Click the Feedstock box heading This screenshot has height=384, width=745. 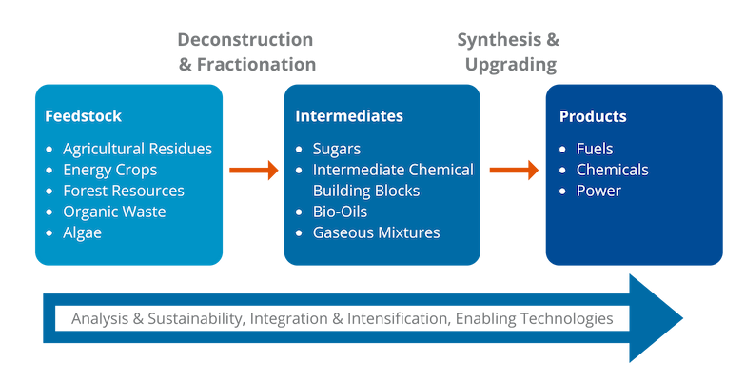click(83, 116)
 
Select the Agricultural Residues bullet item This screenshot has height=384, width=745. click(137, 149)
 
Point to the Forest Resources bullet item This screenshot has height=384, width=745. click(124, 191)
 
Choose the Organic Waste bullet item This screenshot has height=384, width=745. click(114, 212)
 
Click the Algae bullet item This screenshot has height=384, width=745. click(82, 232)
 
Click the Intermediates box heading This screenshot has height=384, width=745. click(349, 116)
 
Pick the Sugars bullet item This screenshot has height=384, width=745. click(337, 149)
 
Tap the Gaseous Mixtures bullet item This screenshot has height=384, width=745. click(376, 232)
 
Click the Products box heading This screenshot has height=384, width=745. click(593, 116)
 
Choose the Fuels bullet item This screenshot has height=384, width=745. click(595, 149)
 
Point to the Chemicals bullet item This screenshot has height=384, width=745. click(612, 170)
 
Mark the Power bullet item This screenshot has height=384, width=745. click(598, 191)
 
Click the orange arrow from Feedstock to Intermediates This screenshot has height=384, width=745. click(254, 171)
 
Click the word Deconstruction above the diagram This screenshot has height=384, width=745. click(245, 41)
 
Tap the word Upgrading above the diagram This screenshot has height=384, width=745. click(511, 65)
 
